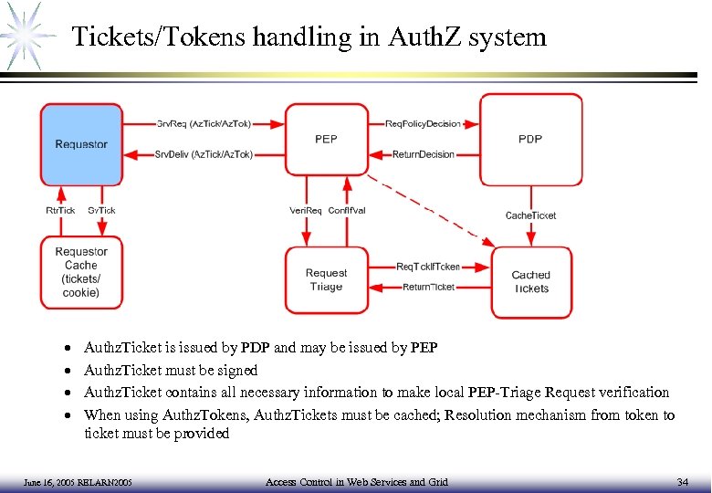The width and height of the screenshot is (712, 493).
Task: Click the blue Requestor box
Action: [x=81, y=143]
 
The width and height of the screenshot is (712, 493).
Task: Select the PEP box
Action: [x=326, y=139]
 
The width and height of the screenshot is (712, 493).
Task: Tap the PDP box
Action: [x=530, y=139]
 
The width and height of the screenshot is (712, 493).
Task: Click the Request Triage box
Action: [x=326, y=279]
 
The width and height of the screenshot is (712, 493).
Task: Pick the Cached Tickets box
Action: [x=530, y=281]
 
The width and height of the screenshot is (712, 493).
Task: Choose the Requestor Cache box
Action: [x=81, y=272]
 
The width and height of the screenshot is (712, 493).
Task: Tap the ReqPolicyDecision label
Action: [x=424, y=123]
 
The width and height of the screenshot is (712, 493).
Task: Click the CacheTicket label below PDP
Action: [x=530, y=215]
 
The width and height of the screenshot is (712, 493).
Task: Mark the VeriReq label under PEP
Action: [x=306, y=210]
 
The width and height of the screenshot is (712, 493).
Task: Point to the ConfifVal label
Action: [x=347, y=210]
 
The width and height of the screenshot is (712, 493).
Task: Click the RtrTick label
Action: [x=60, y=210]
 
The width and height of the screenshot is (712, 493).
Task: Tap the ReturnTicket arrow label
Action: [x=428, y=288]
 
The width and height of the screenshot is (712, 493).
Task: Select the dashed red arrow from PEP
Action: [x=429, y=212]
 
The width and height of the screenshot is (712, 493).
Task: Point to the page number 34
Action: [x=682, y=481]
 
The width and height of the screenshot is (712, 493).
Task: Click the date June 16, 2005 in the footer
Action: [x=46, y=482]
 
